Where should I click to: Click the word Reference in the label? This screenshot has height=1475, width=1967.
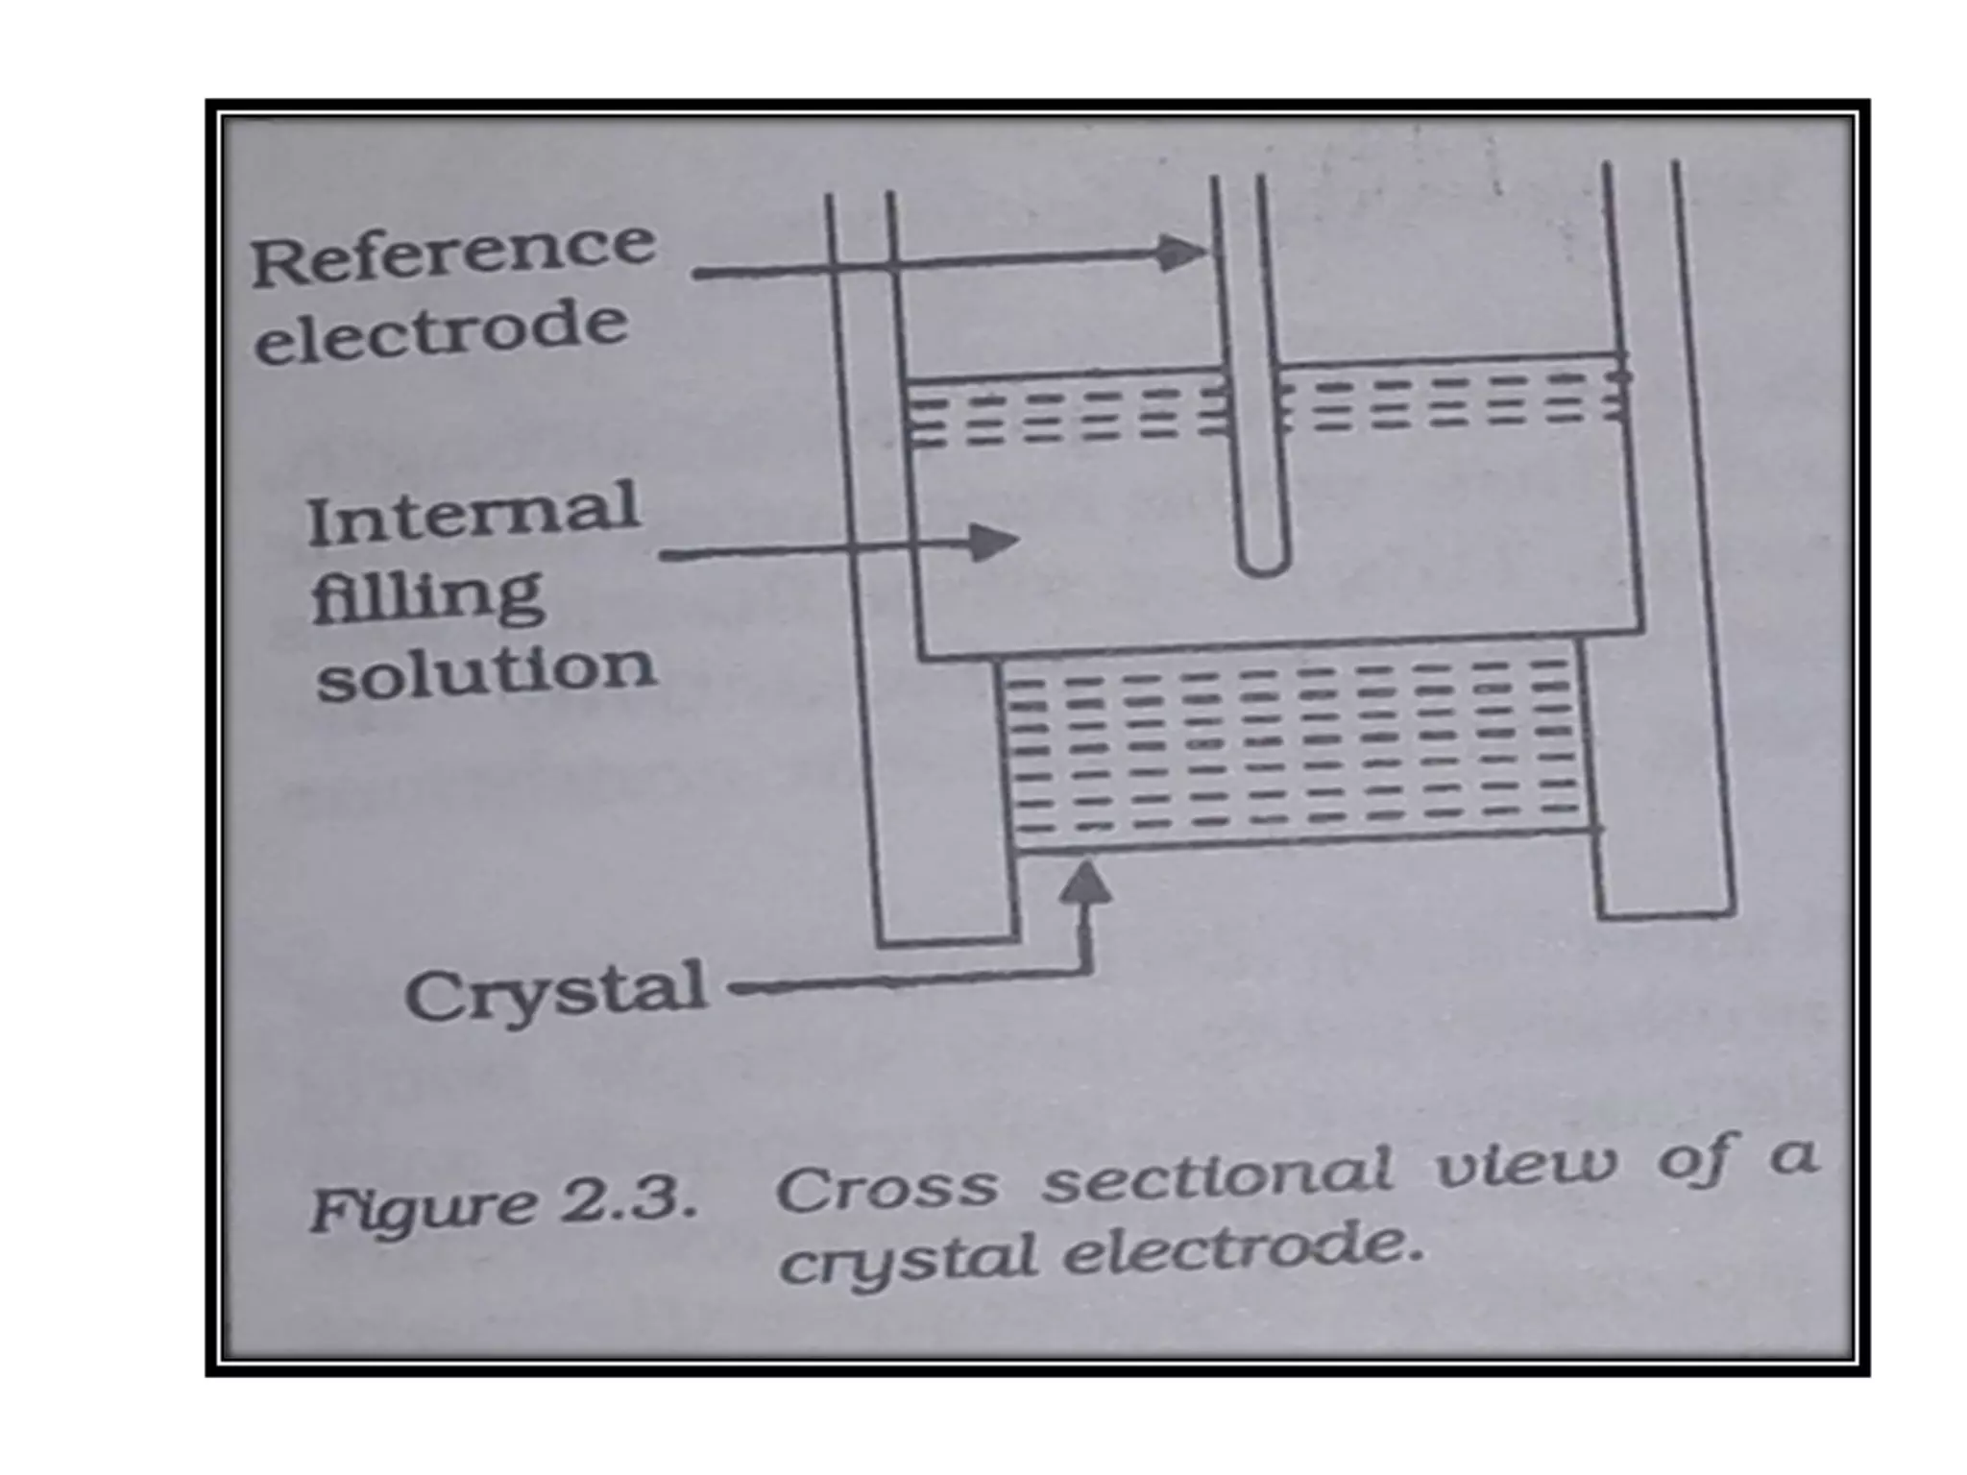click(453, 252)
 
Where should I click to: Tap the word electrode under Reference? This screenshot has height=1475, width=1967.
click(442, 332)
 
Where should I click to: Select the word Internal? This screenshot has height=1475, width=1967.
click(473, 513)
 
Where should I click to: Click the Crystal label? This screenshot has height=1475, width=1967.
click(555, 993)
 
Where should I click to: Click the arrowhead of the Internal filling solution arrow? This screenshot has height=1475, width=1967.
click(993, 543)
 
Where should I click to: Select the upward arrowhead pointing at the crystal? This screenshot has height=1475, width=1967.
click(1086, 882)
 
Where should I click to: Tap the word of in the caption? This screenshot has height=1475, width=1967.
click(1691, 1159)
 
